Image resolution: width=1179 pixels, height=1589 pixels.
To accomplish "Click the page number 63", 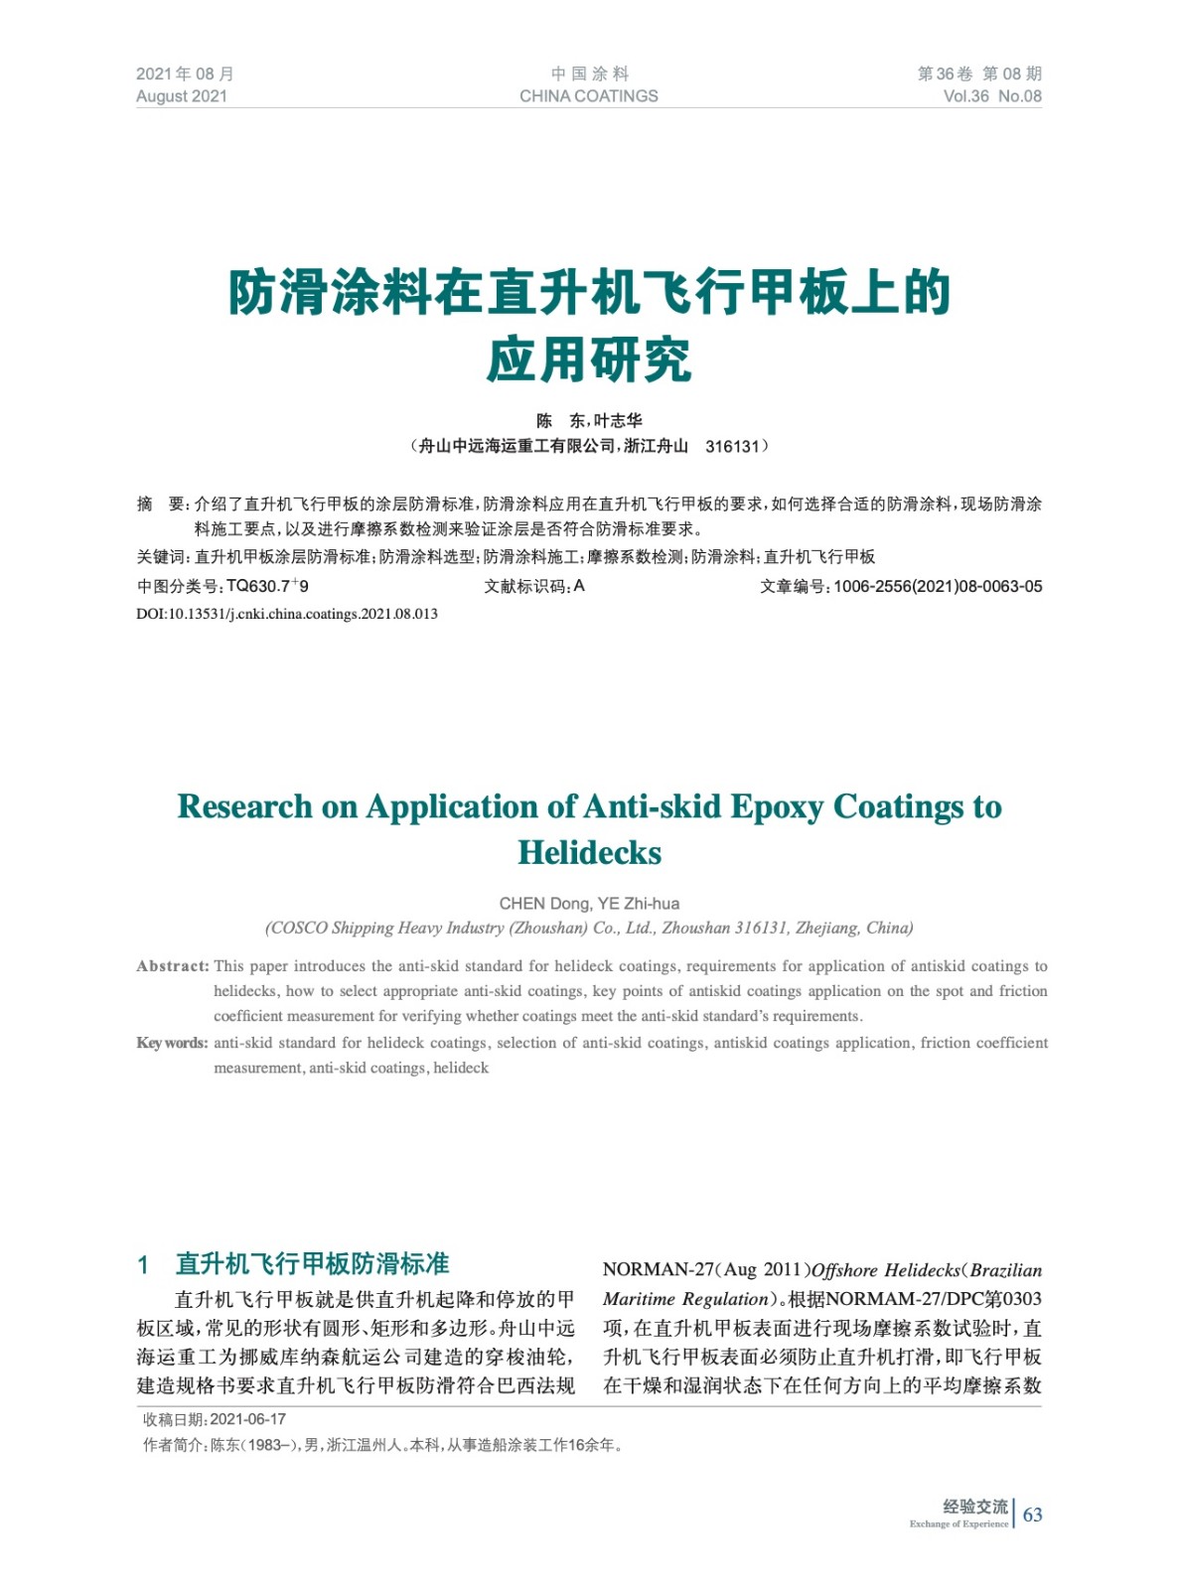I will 1032,1515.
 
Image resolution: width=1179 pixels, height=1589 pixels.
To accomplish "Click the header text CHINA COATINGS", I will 588,96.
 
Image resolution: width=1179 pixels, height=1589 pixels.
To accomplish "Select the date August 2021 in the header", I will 182,96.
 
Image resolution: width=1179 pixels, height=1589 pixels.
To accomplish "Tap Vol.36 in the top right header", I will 965,96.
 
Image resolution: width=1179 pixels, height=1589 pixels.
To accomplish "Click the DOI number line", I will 287,614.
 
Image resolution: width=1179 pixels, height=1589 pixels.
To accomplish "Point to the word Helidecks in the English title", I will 589,853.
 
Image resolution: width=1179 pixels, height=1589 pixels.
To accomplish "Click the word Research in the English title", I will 243,806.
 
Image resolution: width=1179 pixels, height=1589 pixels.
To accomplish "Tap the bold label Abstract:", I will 173,966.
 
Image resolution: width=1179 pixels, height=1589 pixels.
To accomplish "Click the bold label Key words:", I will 172,1043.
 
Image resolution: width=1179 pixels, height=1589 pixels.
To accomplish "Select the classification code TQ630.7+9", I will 267,587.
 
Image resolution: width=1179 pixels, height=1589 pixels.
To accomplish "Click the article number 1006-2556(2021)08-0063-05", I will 938,587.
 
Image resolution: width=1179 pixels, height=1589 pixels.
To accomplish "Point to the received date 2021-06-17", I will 248,1419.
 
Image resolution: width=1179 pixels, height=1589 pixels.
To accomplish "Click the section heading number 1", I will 143,1264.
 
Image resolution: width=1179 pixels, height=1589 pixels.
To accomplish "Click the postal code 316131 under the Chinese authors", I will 733,447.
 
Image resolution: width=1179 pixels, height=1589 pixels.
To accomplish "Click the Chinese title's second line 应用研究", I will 589,361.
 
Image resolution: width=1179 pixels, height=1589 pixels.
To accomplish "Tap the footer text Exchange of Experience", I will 958,1524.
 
